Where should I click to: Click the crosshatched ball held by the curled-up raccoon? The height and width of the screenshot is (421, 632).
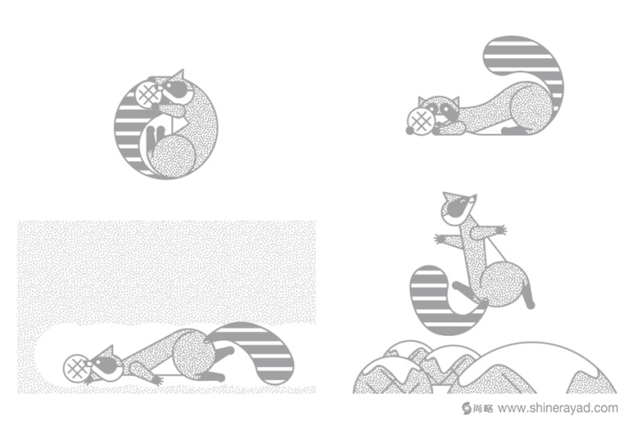click(147, 93)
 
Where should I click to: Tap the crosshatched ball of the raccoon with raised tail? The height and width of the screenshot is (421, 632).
click(421, 121)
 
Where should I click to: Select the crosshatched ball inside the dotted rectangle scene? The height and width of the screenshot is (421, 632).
click(77, 369)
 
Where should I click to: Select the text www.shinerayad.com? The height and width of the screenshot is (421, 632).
click(558, 408)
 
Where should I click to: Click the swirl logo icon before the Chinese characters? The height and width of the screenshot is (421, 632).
click(467, 408)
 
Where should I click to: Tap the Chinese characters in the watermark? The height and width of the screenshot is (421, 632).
click(483, 408)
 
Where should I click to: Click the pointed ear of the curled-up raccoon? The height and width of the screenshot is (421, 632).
click(179, 76)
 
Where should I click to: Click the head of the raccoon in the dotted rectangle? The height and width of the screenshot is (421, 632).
click(106, 363)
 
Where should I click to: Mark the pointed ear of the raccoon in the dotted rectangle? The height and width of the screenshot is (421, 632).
click(108, 350)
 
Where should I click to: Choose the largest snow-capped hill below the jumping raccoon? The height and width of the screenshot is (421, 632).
click(536, 368)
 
